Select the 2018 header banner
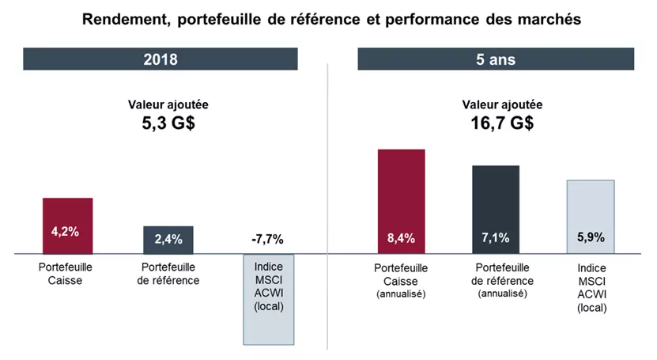[160, 59]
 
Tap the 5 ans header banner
[496, 59]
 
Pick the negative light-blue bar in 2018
[268, 316]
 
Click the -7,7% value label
[267, 239]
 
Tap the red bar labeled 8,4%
[401, 201]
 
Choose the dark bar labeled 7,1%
[496, 209]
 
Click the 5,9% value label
[591, 237]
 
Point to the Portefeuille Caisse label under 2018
[67, 273]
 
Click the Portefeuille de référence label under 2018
[168, 273]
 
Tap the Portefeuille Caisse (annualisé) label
[401, 280]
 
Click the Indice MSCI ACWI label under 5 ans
[591, 286]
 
